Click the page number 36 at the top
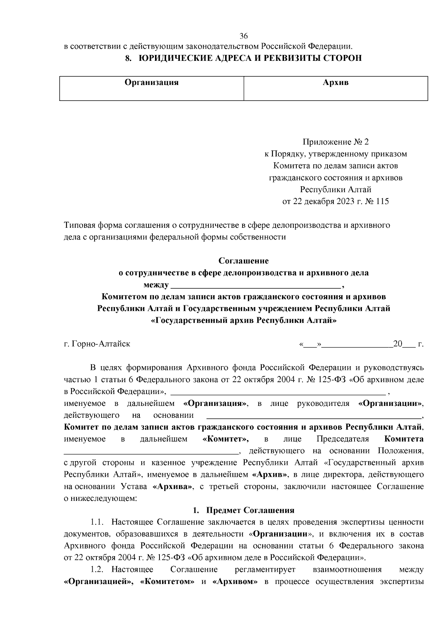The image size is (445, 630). [x=243, y=36]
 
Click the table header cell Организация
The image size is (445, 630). [x=151, y=82]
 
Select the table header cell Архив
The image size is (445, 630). [x=335, y=82]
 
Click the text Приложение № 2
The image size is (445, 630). [x=336, y=142]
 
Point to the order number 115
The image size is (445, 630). [x=382, y=201]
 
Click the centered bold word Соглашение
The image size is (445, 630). [x=243, y=261]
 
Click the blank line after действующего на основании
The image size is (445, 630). [x=313, y=416]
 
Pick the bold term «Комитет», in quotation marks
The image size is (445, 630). [x=226, y=439]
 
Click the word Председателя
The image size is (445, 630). [x=343, y=439]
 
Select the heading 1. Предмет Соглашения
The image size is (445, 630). [x=245, y=510]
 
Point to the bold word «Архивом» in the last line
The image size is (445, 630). [x=235, y=581]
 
